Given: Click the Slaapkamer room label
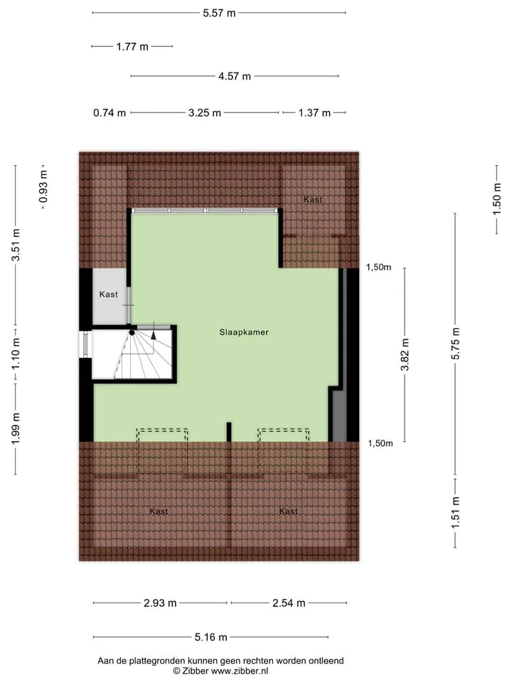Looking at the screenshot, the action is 244,332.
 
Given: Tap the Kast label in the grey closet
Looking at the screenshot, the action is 108,295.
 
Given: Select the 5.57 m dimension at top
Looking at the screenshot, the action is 219,13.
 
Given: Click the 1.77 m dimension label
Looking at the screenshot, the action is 132,47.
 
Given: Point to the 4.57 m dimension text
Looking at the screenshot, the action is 235,76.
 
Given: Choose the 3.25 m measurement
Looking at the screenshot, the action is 205,113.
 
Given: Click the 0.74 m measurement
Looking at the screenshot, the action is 110,113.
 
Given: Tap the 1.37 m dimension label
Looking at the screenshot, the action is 314,113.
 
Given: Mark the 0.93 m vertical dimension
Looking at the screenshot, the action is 43,187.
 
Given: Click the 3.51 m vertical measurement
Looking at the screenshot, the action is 16,245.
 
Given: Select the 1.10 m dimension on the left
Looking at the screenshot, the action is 16,354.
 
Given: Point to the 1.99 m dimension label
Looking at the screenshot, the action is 16,428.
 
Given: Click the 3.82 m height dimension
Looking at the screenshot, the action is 405,354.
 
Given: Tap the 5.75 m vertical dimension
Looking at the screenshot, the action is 455,344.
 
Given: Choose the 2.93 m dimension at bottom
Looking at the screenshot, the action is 160,603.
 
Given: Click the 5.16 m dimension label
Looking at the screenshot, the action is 210,637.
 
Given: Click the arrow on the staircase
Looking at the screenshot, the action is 154,335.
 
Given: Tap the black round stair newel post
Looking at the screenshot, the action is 132,333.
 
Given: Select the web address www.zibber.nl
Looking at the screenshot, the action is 240,671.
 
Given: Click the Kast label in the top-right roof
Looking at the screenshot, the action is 313,199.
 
